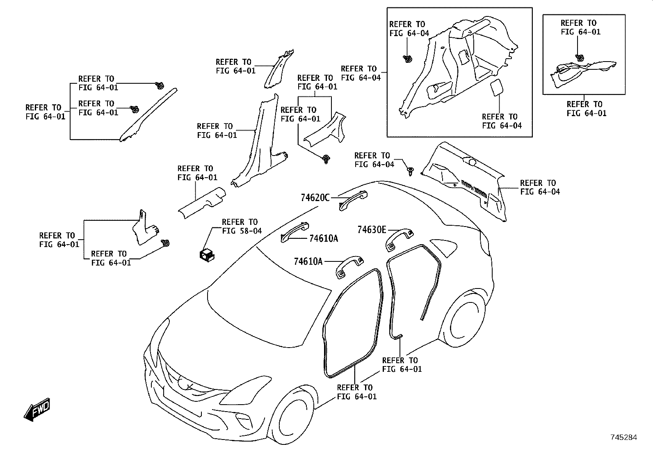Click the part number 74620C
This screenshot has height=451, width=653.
[x=315, y=198]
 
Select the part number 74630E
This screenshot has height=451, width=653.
[x=372, y=230]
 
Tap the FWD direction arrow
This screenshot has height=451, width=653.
[x=37, y=410]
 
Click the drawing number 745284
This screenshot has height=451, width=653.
[x=624, y=437]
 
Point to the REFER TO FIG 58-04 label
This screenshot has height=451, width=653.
[x=242, y=227]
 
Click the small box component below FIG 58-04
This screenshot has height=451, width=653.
[x=207, y=255]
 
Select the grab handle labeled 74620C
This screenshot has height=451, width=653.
[x=353, y=200]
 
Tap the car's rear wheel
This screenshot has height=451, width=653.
[x=463, y=318]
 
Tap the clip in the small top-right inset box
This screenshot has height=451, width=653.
[x=580, y=58]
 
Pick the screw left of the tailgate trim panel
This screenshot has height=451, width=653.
[x=411, y=171]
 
